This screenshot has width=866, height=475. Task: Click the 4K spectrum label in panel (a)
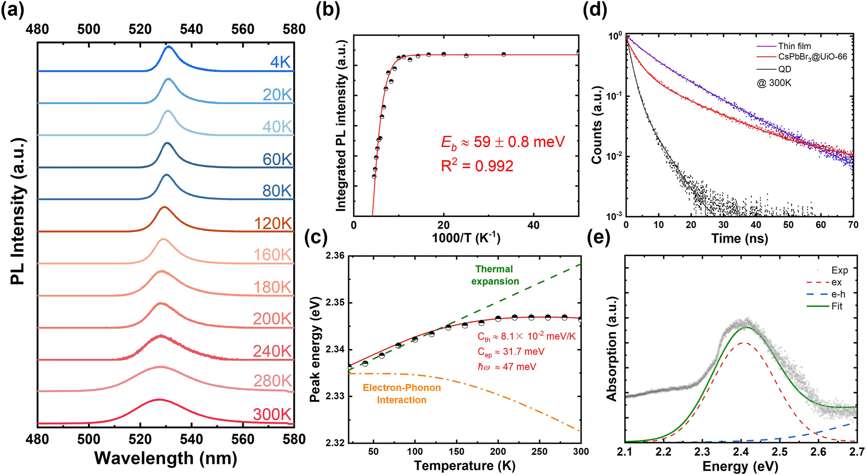[280, 62]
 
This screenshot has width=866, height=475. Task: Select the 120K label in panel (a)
[273, 223]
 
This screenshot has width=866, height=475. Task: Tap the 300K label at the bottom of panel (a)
[272, 414]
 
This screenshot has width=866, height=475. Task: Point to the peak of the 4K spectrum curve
[169, 47]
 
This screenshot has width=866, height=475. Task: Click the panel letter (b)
[327, 10]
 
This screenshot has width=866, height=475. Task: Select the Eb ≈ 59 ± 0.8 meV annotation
[503, 142]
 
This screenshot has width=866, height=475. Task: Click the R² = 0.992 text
[477, 166]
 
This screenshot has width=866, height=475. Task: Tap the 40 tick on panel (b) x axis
[533, 225]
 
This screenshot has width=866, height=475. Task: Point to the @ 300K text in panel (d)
[774, 83]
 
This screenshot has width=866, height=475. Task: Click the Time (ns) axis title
[740, 238]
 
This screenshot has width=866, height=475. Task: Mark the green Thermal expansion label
[495, 275]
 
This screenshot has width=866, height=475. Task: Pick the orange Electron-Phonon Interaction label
[402, 394]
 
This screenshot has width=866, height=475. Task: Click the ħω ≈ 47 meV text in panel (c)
[507, 367]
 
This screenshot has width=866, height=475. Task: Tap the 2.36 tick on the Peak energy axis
[335, 256]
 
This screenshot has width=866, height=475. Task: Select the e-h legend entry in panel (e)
[838, 294]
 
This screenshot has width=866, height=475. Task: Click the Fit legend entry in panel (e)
[837, 306]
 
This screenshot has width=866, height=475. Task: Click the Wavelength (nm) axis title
[166, 458]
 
